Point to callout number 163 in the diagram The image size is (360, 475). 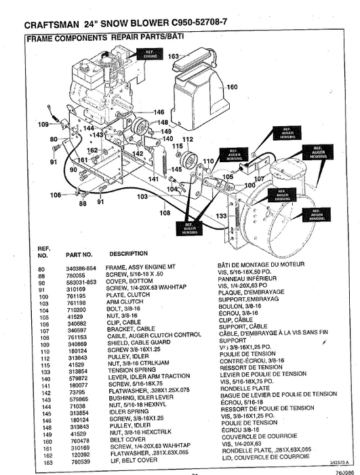click(x=173, y=56)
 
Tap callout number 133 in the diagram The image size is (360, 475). click(x=221, y=216)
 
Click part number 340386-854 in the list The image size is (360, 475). click(x=81, y=268)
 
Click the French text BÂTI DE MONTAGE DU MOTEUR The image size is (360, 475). click(x=258, y=268)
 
